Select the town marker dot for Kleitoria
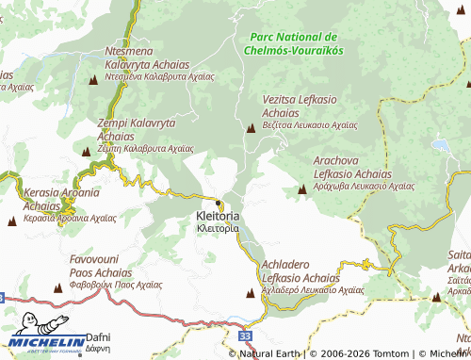[219, 203]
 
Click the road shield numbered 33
[246, 335]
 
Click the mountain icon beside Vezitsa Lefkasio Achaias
[251, 127]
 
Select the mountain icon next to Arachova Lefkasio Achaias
[301, 189]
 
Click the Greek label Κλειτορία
[218, 228]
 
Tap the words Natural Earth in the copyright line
[274, 353]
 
